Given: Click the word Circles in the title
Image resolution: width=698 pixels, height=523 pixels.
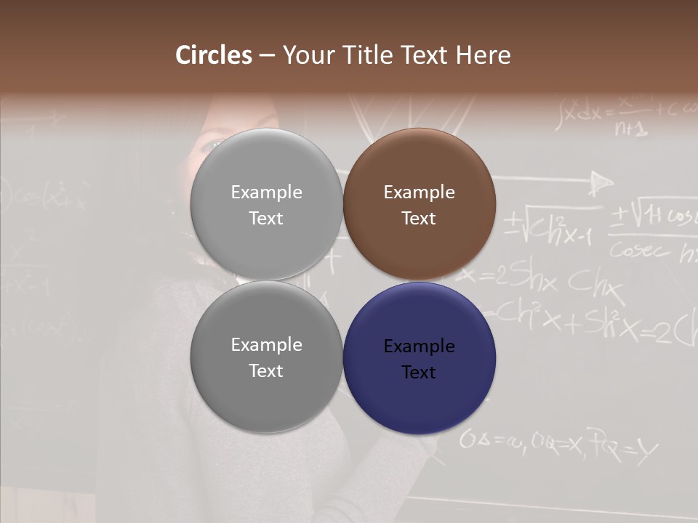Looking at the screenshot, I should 213,55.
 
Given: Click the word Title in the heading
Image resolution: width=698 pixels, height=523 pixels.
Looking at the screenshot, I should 368,55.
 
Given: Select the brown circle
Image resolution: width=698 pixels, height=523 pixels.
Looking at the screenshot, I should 420,204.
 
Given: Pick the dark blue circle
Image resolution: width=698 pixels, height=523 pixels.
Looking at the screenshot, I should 420,357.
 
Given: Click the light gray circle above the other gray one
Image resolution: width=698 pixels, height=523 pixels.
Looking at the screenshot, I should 266,204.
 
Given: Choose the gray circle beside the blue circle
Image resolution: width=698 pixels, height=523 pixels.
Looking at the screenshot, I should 266,357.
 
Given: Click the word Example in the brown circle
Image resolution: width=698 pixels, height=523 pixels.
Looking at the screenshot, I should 419,192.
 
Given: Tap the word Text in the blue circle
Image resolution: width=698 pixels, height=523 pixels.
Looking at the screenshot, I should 419,373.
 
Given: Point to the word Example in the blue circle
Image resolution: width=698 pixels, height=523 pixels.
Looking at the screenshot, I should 419,346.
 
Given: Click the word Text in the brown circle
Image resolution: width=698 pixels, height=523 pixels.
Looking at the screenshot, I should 419,219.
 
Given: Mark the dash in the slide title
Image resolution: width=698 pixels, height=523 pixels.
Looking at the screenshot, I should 267,56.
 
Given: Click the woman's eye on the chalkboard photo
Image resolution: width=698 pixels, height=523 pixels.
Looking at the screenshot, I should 209,145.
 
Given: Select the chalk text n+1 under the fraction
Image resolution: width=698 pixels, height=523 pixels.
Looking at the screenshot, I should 630,129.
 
